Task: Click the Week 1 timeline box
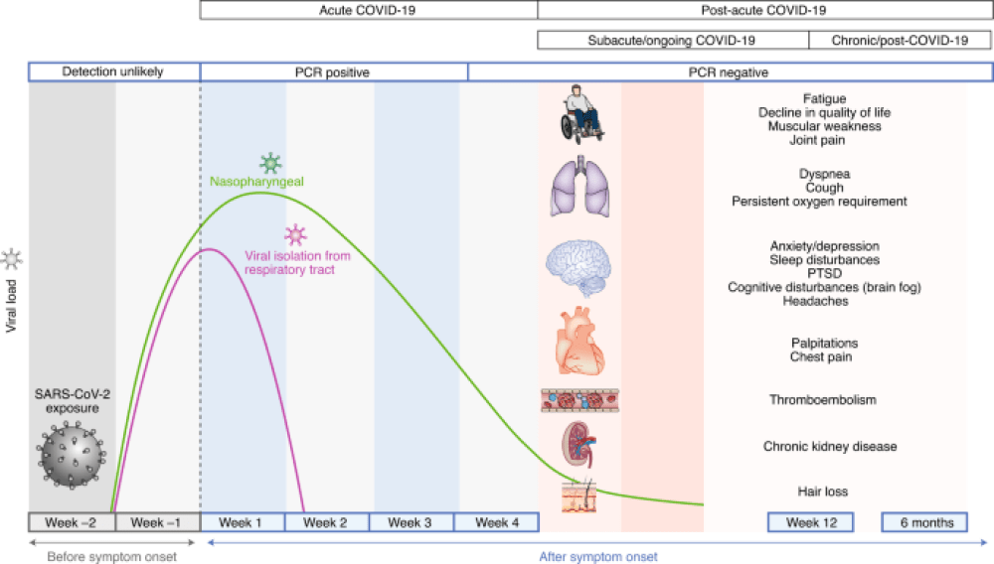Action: coord(243,522)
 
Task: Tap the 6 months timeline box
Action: coord(923,522)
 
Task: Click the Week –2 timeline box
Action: coord(72,522)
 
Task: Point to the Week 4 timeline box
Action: coord(496,522)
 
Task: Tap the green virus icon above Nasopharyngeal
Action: coord(269,164)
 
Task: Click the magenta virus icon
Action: coord(295,235)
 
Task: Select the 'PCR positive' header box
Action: coord(334,72)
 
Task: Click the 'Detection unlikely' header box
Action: coord(114,72)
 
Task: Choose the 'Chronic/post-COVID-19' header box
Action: coord(900,41)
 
